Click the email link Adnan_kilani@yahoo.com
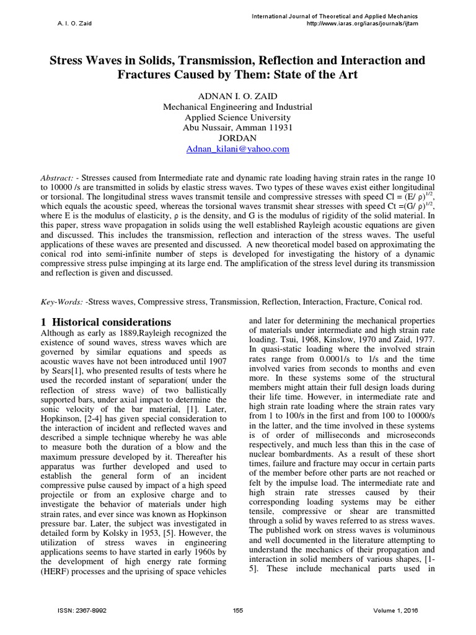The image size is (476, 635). click(x=237, y=149)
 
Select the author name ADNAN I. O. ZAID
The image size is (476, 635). click(x=237, y=96)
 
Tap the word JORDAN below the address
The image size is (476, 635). click(x=237, y=139)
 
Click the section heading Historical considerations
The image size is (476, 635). click(x=111, y=322)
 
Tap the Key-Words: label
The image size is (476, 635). click(x=63, y=301)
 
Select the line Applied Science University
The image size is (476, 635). click(x=237, y=117)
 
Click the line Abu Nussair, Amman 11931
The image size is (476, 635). click(x=237, y=128)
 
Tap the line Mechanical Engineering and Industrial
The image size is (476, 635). click(x=237, y=107)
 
